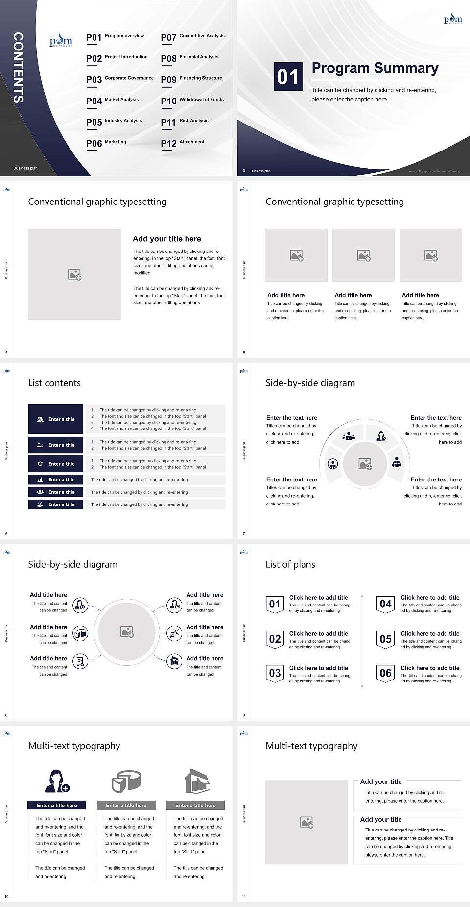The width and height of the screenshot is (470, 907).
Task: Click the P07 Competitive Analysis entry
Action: pyautogui.click(x=193, y=37)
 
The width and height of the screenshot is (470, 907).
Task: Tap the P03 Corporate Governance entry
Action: pyautogui.click(x=120, y=79)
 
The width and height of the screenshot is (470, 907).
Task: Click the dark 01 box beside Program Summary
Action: pyautogui.click(x=288, y=76)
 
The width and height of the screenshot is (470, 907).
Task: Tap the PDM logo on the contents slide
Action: pyautogui.click(x=61, y=41)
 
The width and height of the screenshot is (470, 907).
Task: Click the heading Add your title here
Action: pyautogui.click(x=166, y=239)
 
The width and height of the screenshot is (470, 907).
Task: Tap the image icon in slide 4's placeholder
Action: pyautogui.click(x=74, y=275)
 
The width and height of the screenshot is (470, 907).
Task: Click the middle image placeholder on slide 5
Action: pyautogui.click(x=363, y=255)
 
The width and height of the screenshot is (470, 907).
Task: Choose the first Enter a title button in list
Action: pyautogui.click(x=56, y=419)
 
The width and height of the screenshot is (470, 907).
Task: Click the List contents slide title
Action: pyautogui.click(x=54, y=383)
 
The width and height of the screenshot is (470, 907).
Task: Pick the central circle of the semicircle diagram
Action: pyautogui.click(x=365, y=464)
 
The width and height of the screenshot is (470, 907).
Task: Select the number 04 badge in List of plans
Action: pyautogui.click(x=386, y=604)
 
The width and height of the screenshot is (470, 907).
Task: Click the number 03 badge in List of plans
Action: pyautogui.click(x=275, y=673)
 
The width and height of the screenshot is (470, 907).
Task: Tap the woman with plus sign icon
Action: pyautogui.click(x=57, y=781)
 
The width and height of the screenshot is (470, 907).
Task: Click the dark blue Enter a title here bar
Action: pyautogui.click(x=57, y=805)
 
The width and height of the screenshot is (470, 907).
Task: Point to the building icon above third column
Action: pyautogui.click(x=197, y=781)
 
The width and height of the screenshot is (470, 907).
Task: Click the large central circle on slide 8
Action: pyautogui.click(x=127, y=631)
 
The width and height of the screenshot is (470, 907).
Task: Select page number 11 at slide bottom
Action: pyautogui.click(x=244, y=897)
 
